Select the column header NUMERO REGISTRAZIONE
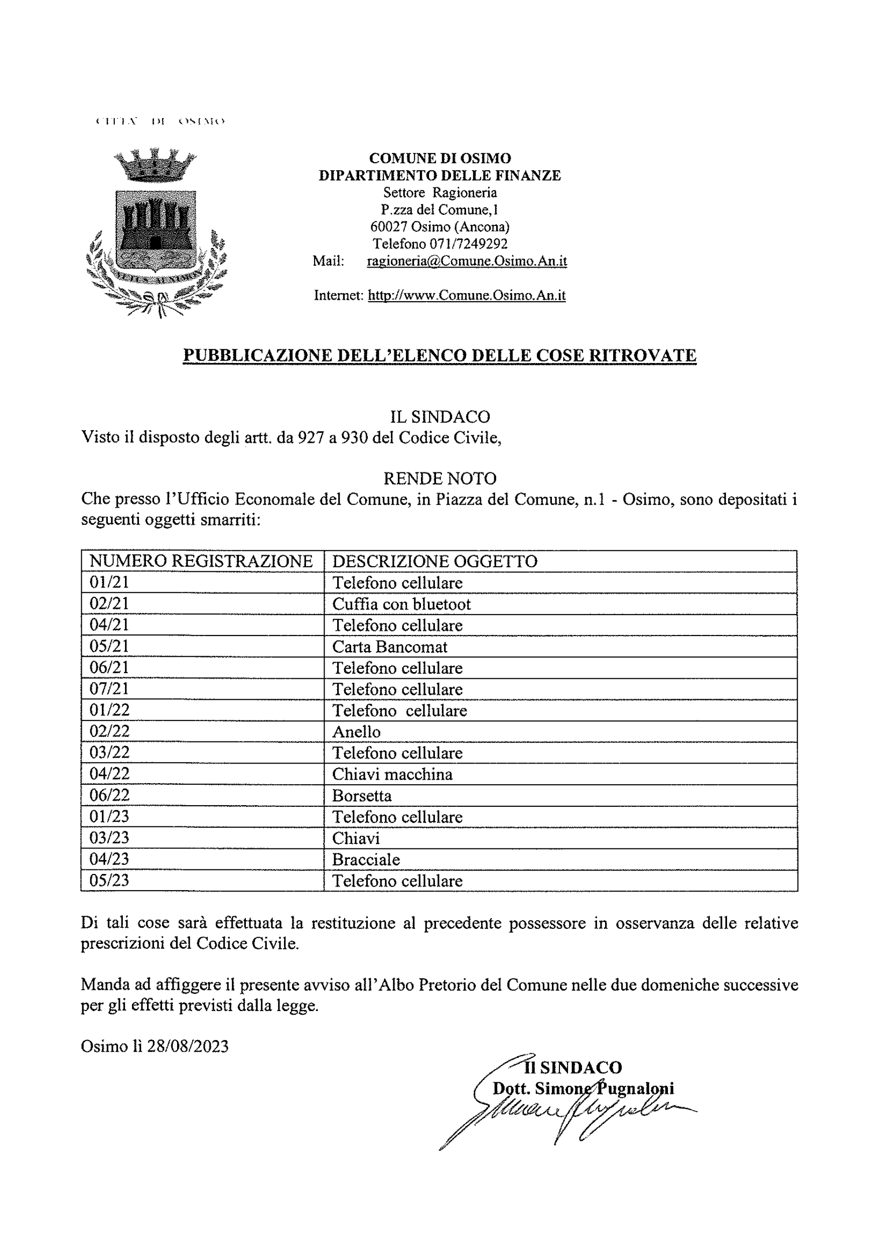point(201,561)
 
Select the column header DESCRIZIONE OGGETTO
point(434,561)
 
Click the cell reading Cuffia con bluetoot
point(401,604)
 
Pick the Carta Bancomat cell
point(389,647)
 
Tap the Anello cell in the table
point(356,732)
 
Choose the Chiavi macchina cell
point(392,774)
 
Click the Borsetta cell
point(362,796)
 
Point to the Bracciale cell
point(366,860)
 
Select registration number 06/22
point(109,795)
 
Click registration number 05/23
point(109,881)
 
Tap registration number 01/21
point(109,582)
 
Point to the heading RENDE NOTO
point(440,478)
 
